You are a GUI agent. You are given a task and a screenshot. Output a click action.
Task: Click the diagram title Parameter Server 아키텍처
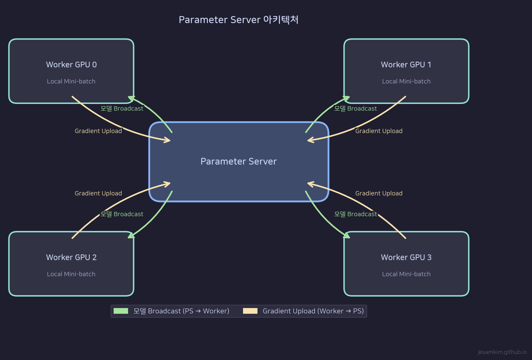tap(238, 20)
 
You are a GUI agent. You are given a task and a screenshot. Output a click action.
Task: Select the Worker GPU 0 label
tap(71, 65)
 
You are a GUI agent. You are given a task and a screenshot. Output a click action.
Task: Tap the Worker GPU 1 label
tap(406, 65)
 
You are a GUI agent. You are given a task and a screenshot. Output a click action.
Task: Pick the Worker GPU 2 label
tap(71, 257)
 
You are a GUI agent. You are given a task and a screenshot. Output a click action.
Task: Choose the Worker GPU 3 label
tap(406, 257)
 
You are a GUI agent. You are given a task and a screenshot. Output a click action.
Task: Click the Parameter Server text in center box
tap(238, 162)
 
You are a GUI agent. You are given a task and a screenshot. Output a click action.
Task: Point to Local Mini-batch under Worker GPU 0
tap(71, 81)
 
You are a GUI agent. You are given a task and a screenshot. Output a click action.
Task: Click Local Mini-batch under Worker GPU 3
tap(406, 274)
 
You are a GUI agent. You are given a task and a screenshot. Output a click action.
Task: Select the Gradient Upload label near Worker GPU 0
tap(98, 131)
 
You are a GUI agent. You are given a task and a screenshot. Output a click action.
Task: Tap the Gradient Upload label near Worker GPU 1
tap(378, 131)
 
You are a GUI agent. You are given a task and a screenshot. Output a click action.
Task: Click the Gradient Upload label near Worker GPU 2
tap(98, 193)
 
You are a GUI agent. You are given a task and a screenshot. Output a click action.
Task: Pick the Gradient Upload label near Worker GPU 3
tap(378, 193)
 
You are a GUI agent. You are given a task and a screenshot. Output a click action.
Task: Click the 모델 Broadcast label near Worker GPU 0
tap(122, 109)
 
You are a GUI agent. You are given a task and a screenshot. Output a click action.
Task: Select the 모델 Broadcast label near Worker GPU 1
tap(355, 109)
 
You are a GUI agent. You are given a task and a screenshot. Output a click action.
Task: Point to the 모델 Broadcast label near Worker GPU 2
tap(122, 214)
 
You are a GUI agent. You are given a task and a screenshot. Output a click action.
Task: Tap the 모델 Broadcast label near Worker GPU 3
tap(355, 214)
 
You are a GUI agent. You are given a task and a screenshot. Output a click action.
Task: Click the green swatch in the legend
tap(121, 311)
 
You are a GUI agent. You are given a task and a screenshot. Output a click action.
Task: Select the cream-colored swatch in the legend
tap(250, 311)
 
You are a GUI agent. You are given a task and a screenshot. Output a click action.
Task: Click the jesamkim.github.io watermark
tap(502, 352)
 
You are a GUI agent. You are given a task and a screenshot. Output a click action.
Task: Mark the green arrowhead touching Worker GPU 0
tap(131, 99)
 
